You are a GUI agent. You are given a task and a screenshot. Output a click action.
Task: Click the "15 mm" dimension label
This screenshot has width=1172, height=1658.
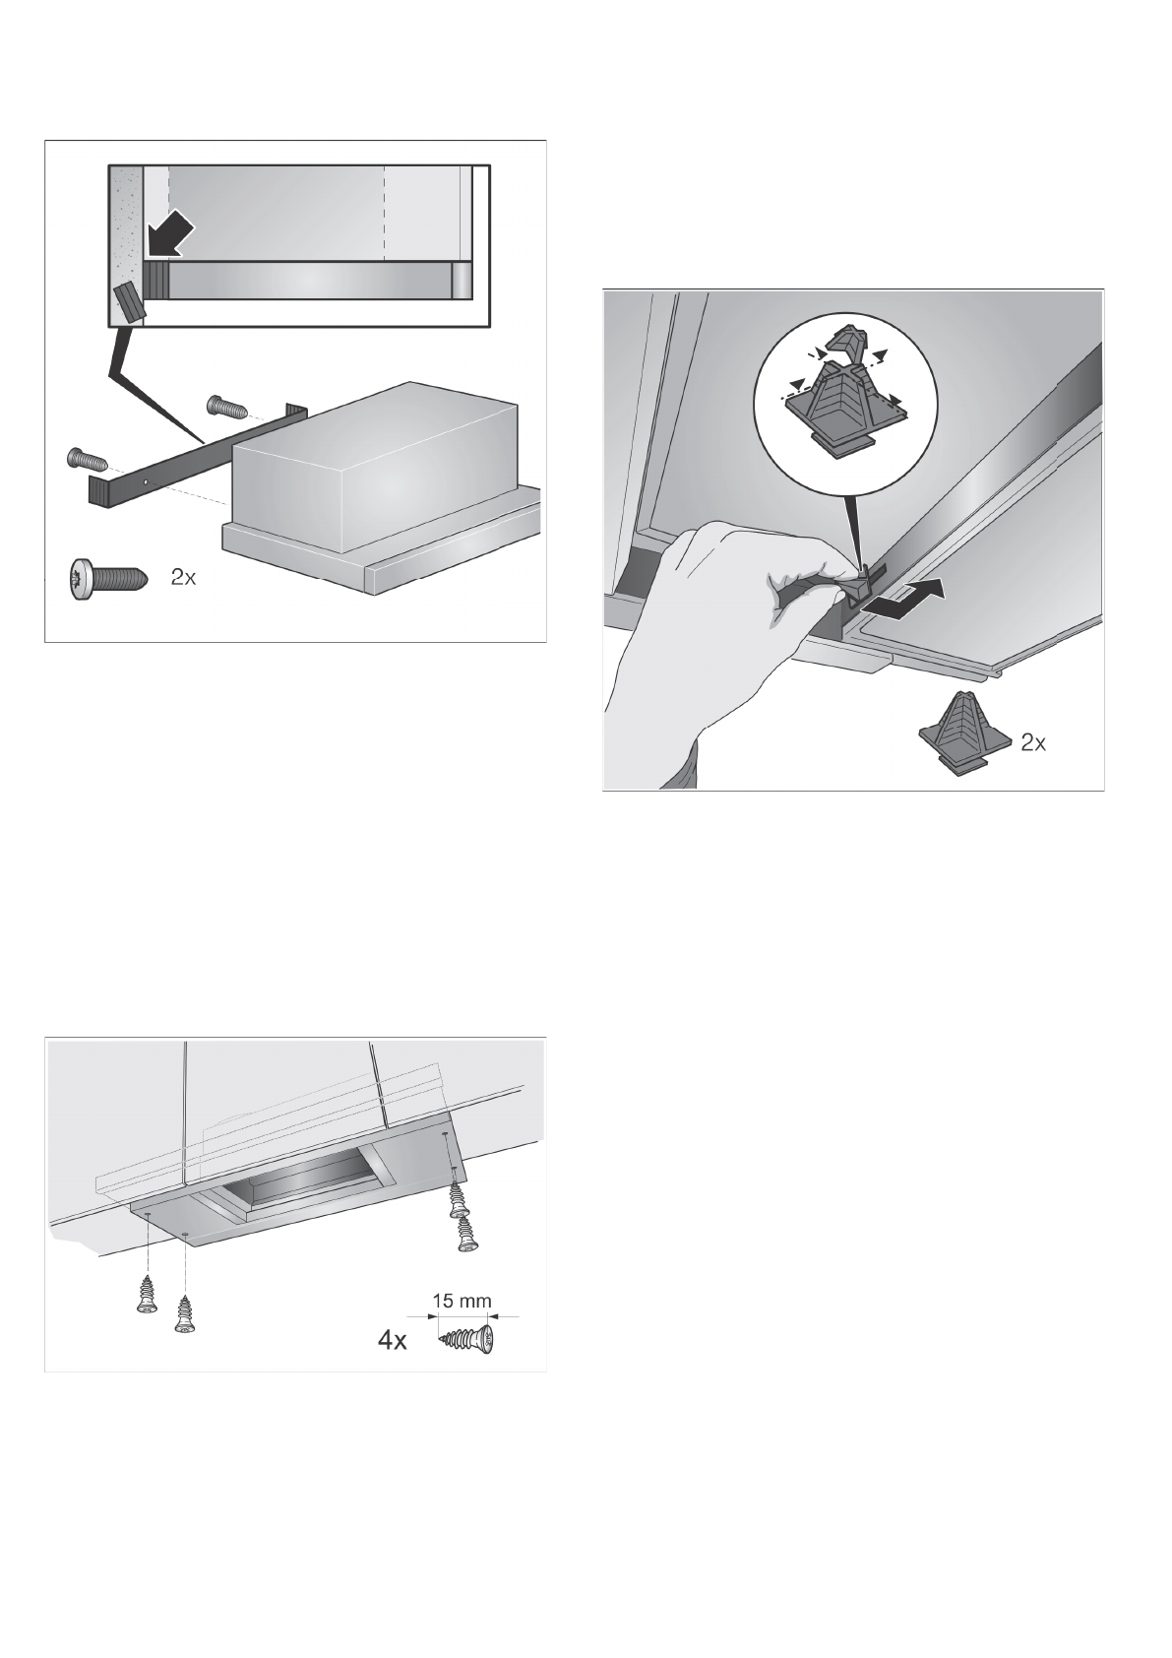coord(461,1300)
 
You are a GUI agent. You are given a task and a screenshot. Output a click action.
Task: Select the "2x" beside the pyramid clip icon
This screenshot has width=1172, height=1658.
coord(1033,742)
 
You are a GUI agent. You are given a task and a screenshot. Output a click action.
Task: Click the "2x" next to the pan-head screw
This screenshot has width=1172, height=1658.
coord(183,577)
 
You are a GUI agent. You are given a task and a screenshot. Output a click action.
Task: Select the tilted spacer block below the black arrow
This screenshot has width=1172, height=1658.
coord(130,300)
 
